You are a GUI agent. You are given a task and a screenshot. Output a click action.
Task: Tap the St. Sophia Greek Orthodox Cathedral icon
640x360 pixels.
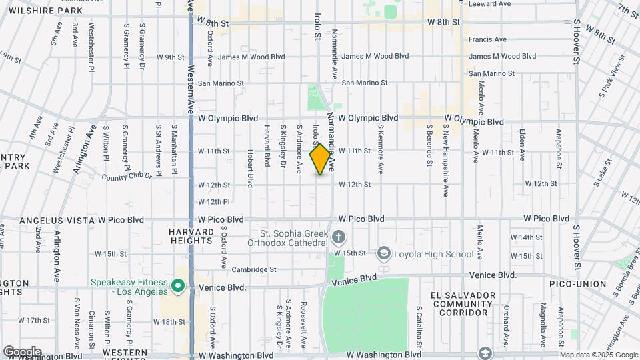[339, 237]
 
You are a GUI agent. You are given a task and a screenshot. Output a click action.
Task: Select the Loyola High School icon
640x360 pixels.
[384, 253]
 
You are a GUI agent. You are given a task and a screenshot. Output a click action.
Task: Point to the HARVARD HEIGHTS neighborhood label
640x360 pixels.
[192, 236]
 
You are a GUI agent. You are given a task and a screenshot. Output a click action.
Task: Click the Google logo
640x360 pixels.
[22, 351]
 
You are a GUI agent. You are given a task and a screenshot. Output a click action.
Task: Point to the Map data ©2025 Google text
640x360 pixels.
[599, 355]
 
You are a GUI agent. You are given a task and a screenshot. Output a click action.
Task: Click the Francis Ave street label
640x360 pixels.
[487, 39]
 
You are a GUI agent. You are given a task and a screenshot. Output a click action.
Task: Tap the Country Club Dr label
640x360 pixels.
[128, 177]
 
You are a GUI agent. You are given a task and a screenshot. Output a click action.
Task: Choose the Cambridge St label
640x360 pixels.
[254, 270]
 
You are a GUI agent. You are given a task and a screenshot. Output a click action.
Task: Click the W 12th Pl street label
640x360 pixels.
[213, 201]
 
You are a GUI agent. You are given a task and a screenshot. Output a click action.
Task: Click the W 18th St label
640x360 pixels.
[170, 321]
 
